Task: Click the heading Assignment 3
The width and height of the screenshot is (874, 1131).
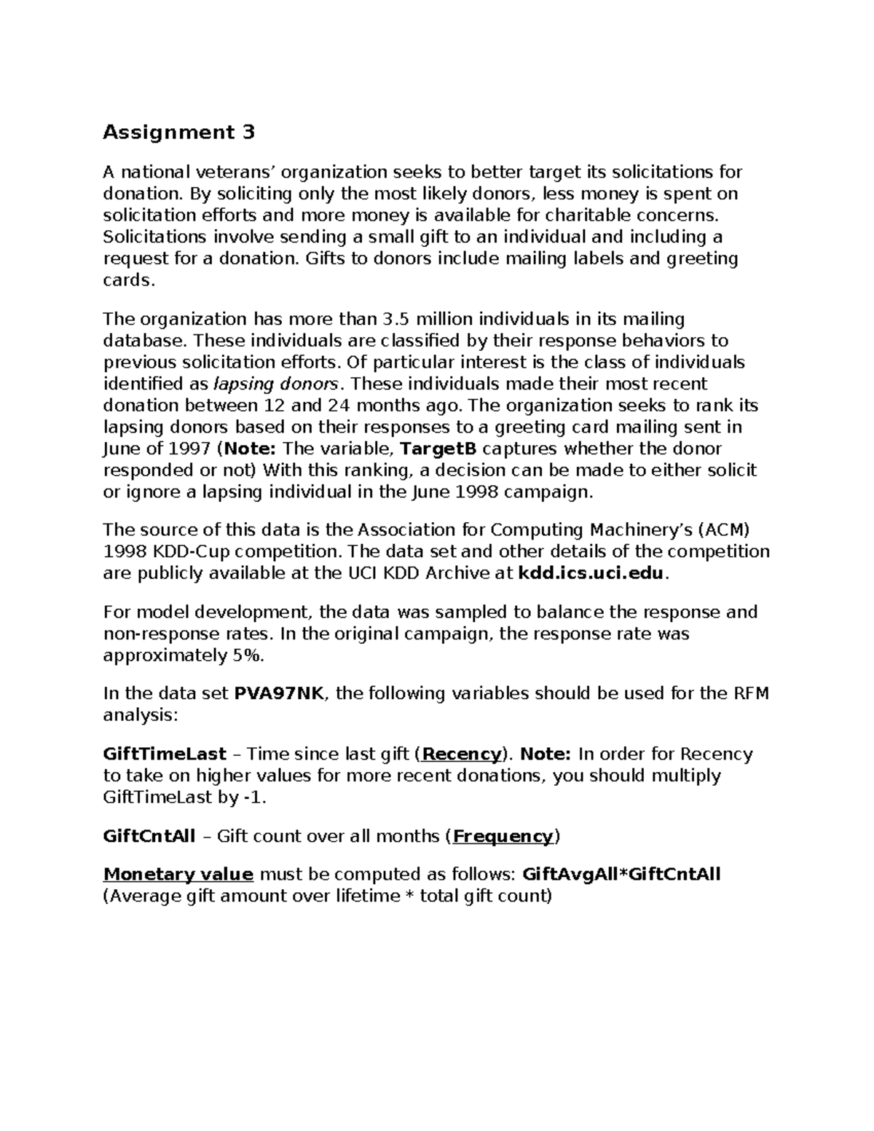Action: [179, 133]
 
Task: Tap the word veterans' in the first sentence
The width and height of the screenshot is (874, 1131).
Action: [235, 173]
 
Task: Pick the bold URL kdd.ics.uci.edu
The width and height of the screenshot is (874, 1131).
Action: [591, 573]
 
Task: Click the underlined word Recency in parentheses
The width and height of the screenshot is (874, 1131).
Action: [462, 754]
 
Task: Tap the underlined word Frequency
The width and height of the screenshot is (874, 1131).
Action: [503, 836]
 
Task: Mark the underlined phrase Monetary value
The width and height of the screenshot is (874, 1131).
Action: [178, 874]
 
